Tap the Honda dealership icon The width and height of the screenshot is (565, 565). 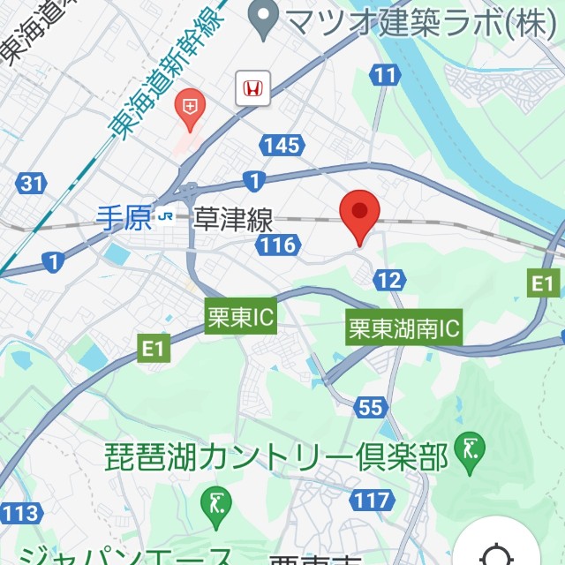click(x=252, y=88)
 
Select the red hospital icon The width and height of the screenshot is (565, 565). click(x=189, y=109)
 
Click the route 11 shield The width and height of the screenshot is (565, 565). click(x=384, y=76)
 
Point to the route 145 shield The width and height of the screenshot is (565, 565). click(x=282, y=146)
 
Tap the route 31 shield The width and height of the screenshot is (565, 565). click(x=31, y=184)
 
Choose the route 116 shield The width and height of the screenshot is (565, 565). click(x=279, y=245)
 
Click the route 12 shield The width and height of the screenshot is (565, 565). click(x=389, y=281)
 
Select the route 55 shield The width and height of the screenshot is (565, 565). click(x=372, y=407)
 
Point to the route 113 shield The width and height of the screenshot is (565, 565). click(x=19, y=512)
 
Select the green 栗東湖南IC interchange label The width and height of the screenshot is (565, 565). click(x=404, y=330)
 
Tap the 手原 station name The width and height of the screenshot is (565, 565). click(x=124, y=218)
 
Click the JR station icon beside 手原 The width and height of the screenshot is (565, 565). click(x=165, y=218)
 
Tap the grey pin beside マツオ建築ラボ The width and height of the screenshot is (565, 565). click(x=260, y=21)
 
